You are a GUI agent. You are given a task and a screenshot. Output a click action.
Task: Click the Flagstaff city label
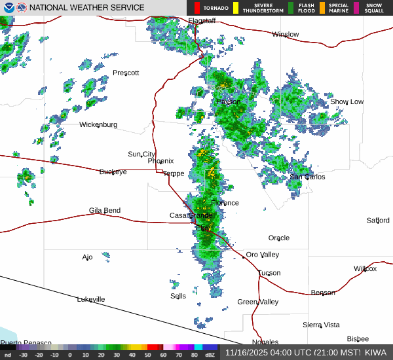pos(202,21)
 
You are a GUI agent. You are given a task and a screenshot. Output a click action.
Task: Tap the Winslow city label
pos(285,34)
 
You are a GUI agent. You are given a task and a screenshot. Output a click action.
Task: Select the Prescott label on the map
pos(126,73)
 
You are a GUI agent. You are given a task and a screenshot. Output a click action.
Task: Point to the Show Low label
pos(346,101)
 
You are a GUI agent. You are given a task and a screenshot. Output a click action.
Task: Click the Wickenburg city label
pos(98,124)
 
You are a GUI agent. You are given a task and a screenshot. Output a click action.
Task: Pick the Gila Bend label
pos(105,210)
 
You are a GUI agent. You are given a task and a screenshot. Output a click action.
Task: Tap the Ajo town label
pos(87,257)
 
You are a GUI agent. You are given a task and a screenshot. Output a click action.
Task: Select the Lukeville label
pos(90,299)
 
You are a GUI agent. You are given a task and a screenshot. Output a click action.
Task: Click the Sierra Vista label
pos(321,325)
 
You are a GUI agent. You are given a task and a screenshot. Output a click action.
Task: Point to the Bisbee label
pos(358,339)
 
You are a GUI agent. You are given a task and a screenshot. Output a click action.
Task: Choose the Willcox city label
pos(365,268)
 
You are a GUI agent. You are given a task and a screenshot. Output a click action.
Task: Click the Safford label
pos(378,221)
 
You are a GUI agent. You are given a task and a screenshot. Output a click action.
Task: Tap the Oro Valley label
pos(262,255)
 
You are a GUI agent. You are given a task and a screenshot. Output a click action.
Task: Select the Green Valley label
pos(257,302)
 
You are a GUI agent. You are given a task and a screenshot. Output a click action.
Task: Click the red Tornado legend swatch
pos(196,8)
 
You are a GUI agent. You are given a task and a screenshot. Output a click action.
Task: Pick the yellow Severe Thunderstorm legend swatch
pos(236,8)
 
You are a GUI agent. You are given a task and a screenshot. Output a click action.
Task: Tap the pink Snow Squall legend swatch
pos(356,8)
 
